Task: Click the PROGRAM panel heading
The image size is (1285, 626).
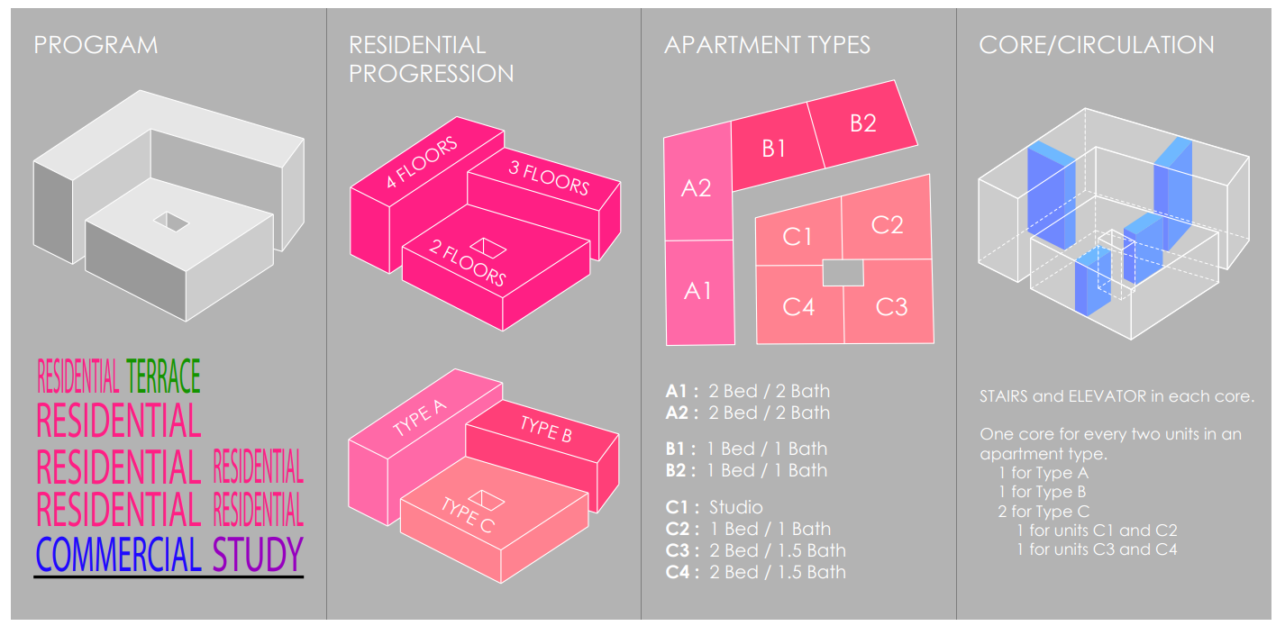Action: (x=96, y=45)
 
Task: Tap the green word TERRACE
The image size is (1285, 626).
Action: (x=164, y=376)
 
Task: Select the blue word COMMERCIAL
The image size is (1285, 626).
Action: (x=118, y=554)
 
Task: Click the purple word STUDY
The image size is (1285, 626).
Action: (x=259, y=554)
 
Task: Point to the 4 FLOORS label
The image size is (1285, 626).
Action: (x=422, y=162)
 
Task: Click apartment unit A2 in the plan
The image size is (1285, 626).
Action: (x=696, y=187)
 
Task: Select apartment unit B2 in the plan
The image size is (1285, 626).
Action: (x=862, y=122)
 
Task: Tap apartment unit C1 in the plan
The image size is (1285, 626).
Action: (x=797, y=236)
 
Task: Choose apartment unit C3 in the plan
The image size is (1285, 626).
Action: (x=891, y=307)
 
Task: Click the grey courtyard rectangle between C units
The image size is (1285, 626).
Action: (x=843, y=272)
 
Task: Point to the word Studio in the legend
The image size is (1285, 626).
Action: (x=735, y=507)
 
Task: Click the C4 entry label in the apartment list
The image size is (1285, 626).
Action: (x=680, y=572)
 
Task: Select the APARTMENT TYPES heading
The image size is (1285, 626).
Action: (x=767, y=45)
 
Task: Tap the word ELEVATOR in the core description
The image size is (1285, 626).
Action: (x=1109, y=396)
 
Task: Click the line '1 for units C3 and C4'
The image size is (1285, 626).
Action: (x=1097, y=549)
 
